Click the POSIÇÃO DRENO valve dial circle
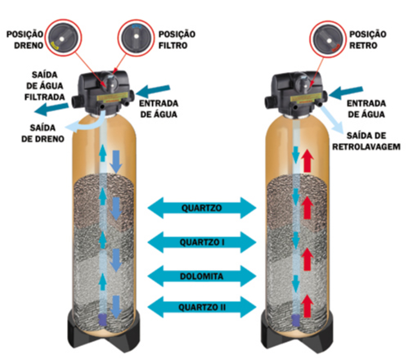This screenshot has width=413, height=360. point(63,38)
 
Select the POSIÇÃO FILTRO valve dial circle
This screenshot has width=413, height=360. point(136,38)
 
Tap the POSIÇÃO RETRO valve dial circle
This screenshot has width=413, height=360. point(328,39)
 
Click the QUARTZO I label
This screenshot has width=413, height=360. point(202,242)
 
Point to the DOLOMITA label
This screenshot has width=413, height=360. point(202,277)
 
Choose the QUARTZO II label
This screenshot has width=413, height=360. point(202,308)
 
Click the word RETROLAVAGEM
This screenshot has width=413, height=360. point(366,147)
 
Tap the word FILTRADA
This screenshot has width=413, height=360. point(45,97)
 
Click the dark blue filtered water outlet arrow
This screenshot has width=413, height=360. point(52,109)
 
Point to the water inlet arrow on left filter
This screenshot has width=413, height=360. point(153,91)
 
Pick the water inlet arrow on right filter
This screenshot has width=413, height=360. point(346,92)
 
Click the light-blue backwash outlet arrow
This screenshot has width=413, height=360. point(332,119)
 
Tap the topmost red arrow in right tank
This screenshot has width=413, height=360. point(308,161)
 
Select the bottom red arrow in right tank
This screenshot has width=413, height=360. point(308,306)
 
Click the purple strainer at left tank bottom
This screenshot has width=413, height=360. point(103,320)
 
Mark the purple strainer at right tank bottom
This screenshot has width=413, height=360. point(296,320)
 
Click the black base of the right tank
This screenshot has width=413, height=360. point(297,340)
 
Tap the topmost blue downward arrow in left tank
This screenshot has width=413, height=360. point(116,162)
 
